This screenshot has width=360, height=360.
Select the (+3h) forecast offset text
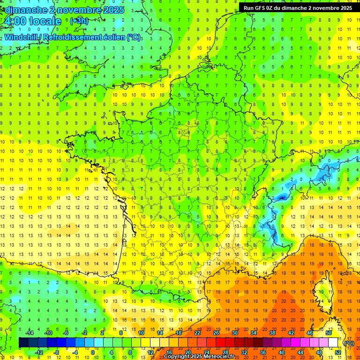pyautogui.click(x=79, y=21)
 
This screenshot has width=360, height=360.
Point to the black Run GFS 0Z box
pyautogui.click(x=298, y=7)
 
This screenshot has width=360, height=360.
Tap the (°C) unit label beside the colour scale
pyautogui.click(x=349, y=343)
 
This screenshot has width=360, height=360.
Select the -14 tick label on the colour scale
pyautogui.click(x=30, y=333)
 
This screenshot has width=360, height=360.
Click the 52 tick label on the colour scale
pyautogui.click(x=338, y=352)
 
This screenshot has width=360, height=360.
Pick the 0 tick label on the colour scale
pyautogui.click(x=92, y=352)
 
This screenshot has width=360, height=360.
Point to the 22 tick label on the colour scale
pyautogui.click(x=197, y=333)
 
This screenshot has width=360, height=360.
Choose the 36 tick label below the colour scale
pyautogui.click(x=263, y=352)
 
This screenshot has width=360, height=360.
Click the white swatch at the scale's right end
pyautogui.click(x=333, y=343)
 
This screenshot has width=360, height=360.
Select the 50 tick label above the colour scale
pyautogui.click(x=329, y=333)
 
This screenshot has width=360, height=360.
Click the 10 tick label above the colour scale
pyautogui.click(x=141, y=333)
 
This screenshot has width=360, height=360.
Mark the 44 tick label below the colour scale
pyautogui.click(x=300, y=352)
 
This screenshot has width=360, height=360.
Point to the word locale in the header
pyautogui.click(x=45, y=21)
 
